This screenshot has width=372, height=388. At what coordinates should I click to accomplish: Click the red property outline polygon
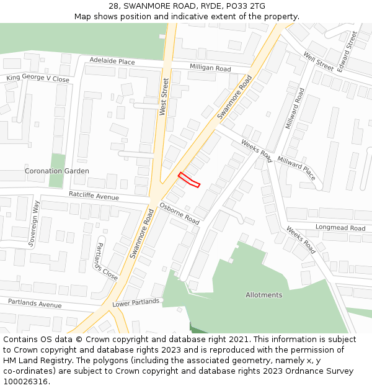189,179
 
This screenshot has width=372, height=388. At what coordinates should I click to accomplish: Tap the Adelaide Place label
112,61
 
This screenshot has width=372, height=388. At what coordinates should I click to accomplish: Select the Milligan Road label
210,68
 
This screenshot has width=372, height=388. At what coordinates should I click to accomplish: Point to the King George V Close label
38,79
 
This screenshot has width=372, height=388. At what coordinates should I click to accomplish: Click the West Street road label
163,96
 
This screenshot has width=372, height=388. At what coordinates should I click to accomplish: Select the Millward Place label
296,168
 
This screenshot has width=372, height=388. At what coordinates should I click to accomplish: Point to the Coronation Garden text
56,171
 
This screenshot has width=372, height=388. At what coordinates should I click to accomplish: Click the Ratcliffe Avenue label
94,197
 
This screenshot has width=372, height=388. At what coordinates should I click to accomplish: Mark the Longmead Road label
340,228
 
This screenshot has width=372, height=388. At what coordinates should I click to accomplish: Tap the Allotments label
263,295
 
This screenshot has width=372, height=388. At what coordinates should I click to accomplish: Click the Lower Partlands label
136,302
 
